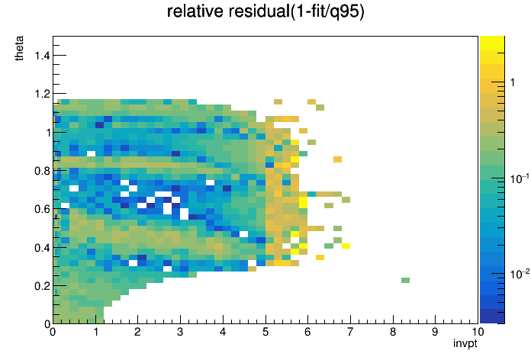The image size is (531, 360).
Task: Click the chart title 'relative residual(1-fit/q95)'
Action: pyautogui.click(x=265, y=11)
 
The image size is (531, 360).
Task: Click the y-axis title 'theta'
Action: pyautogui.click(x=19, y=48)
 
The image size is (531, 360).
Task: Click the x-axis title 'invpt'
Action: pyautogui.click(x=465, y=343)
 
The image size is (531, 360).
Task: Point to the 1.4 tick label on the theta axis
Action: pyautogui.click(x=42, y=55)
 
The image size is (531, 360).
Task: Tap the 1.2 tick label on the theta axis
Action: pyautogui.click(x=42, y=94)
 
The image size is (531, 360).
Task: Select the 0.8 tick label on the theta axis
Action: pyautogui.click(x=42, y=171)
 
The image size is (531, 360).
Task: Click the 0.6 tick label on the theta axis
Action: pyautogui.click(x=42, y=209)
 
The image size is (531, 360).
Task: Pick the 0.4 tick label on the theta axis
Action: pyautogui.click(x=42, y=248)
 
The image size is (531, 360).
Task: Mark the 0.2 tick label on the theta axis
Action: pyautogui.click(x=42, y=286)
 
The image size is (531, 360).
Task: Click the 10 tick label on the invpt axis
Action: pyautogui.click(x=478, y=332)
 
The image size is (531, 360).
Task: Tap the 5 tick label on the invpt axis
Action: pyautogui.click(x=265, y=332)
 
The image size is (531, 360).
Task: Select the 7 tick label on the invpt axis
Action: pyautogui.click(x=350, y=332)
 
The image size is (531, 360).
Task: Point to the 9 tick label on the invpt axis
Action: pyautogui.click(x=435, y=332)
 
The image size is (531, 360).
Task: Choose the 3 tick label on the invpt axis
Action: pyautogui.click(x=180, y=332)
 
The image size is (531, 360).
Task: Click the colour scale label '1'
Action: pyautogui.click(x=513, y=82)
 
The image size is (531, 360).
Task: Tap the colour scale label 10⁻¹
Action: pyautogui.click(x=520, y=178)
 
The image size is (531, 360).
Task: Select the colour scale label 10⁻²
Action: pyautogui.click(x=520, y=273)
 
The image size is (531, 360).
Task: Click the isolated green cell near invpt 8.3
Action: pyautogui.click(x=405, y=280)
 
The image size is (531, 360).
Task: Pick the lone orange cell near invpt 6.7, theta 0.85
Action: pyautogui.click(x=337, y=159)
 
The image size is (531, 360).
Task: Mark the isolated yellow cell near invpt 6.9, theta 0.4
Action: pyautogui.click(x=346, y=246)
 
